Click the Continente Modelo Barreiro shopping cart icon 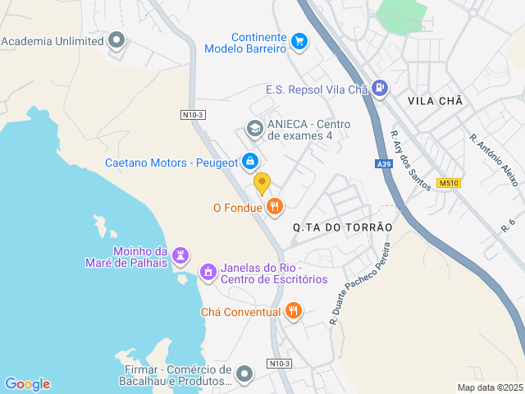coord(299,40)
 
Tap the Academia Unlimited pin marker coord(116,40)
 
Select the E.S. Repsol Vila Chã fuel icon coord(380,88)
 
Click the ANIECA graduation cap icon coord(254,129)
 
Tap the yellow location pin coord(262,183)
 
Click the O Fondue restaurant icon coord(275,207)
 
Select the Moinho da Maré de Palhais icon coord(180,256)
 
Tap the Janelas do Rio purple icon coord(208,271)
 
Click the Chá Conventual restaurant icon coord(294,311)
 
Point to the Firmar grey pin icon coord(244,374)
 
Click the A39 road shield coord(384,164)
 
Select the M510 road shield coord(447,183)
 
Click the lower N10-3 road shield coord(279,363)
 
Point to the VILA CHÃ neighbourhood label coord(435,100)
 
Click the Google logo coord(27,383)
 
